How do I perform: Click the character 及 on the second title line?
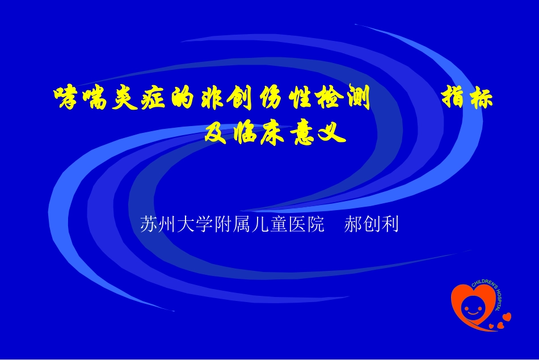217,133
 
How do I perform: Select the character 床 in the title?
273,133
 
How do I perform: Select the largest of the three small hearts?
507,316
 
